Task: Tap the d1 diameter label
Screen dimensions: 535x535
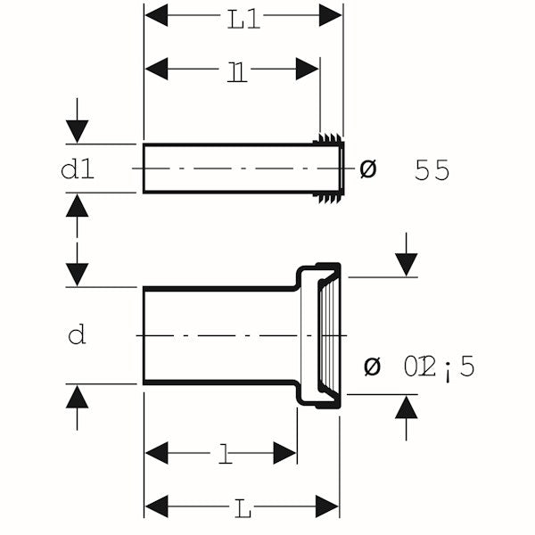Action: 78,169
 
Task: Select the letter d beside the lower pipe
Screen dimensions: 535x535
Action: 78,336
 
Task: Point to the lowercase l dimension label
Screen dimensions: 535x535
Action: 226,456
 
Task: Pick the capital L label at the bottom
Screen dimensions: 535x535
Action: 243,510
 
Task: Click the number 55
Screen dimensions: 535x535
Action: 432,170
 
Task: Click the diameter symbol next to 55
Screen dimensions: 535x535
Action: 367,169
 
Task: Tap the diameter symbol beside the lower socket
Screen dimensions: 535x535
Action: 374,366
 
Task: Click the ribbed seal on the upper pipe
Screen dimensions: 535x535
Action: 331,168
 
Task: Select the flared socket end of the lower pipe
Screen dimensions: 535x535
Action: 321,334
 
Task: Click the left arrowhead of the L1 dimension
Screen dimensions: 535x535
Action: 156,15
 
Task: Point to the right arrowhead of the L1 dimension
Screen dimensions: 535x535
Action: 331,15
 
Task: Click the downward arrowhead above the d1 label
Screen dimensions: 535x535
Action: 78,132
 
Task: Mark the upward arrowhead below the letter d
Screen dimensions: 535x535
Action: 78,396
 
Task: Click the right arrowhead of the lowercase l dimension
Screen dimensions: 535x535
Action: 285,453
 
